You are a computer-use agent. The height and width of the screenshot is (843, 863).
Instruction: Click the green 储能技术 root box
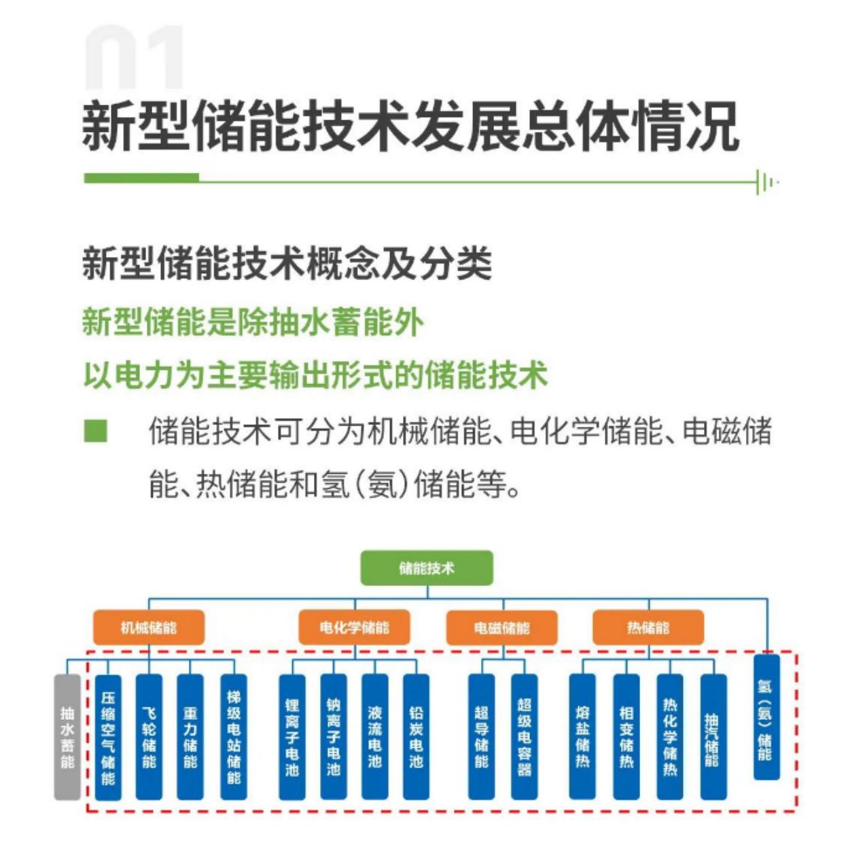(x=427, y=568)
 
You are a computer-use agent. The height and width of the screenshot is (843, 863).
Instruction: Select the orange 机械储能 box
(x=149, y=627)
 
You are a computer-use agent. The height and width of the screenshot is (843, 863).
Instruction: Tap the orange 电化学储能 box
(x=354, y=627)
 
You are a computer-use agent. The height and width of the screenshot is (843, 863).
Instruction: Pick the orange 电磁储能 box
(x=501, y=627)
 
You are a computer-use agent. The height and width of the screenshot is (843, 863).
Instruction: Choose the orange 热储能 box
(x=648, y=627)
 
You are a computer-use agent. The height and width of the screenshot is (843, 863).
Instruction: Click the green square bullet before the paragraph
(x=95, y=430)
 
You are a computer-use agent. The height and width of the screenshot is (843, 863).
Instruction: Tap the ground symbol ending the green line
(x=767, y=182)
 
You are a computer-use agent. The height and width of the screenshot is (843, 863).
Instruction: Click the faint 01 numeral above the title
(x=134, y=57)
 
